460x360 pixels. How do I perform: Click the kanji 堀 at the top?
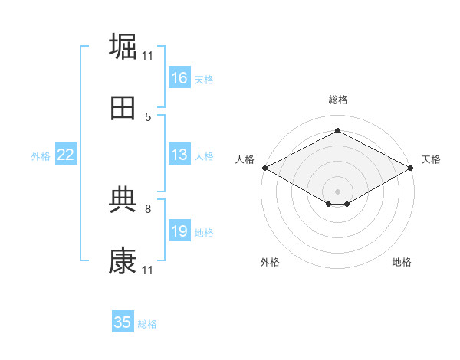[x=123, y=46]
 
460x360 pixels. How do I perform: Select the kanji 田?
[x=123, y=108]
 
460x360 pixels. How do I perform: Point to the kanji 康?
[x=123, y=260]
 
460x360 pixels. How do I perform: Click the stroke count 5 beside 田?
[x=148, y=117]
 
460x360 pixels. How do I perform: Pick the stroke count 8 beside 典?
[x=148, y=209]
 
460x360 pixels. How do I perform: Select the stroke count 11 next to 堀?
[x=147, y=56]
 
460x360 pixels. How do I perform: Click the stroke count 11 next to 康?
[x=147, y=270]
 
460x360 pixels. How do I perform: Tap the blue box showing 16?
[x=179, y=77]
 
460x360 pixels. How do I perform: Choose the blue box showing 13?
[x=179, y=154]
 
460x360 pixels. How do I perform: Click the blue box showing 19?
[x=179, y=230]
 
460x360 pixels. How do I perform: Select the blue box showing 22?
[x=66, y=154]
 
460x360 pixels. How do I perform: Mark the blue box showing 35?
[x=123, y=321]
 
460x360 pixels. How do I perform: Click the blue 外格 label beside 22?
[x=41, y=156]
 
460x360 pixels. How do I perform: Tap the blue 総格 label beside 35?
[x=147, y=324]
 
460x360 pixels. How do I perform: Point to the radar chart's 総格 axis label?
[x=338, y=100]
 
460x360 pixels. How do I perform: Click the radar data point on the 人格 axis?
[x=265, y=168]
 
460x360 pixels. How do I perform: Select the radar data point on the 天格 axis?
[x=411, y=168]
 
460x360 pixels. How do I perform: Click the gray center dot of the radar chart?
[x=337, y=191]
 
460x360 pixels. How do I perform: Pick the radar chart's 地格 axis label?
[x=402, y=262]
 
